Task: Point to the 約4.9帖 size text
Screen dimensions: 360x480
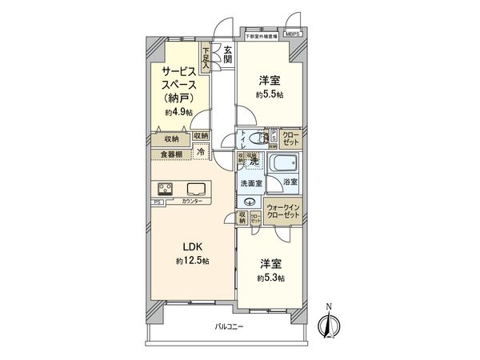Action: click(x=178, y=112)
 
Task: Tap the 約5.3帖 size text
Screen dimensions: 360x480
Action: click(x=270, y=278)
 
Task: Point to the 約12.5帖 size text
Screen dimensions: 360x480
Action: click(x=193, y=262)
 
